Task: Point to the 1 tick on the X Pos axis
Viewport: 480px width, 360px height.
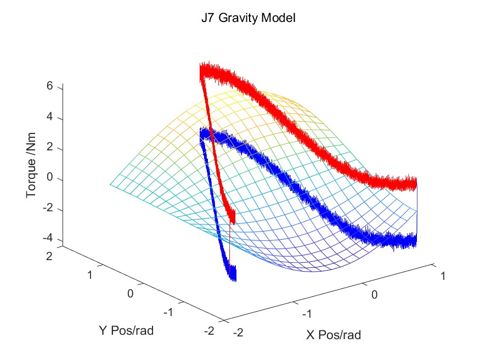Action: point(443,276)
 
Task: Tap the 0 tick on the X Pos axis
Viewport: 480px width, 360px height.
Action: point(375,294)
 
